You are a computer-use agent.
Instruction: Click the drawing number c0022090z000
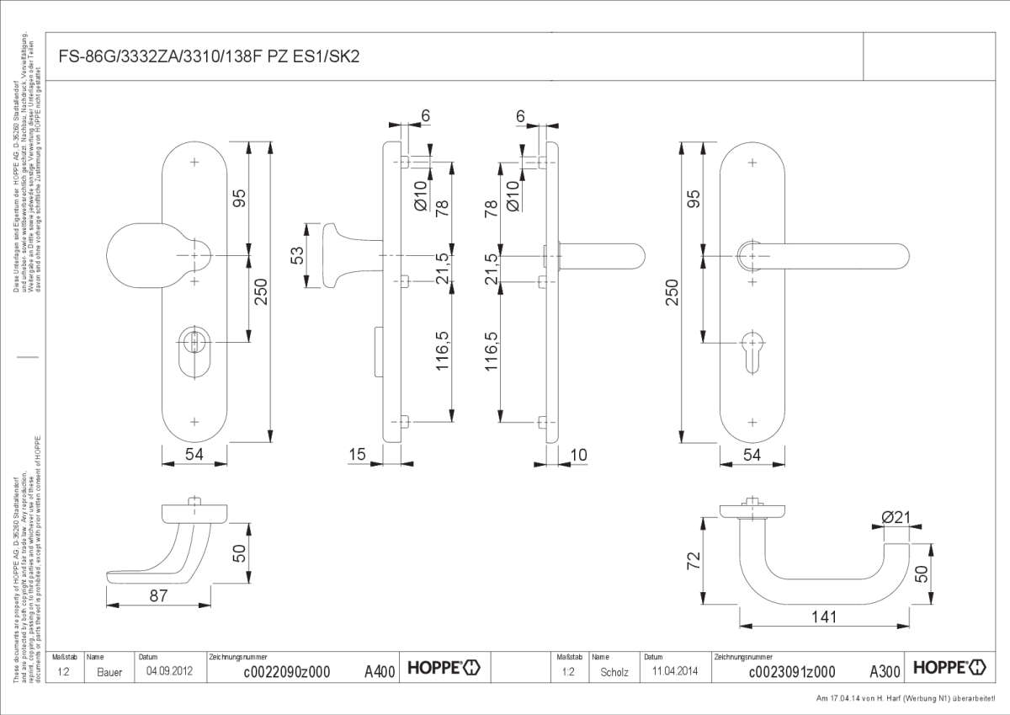[286, 672]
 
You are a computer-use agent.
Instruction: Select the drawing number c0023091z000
[792, 672]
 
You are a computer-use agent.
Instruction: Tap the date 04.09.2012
[164, 672]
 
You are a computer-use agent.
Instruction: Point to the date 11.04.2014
[670, 672]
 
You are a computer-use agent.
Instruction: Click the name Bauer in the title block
[109, 672]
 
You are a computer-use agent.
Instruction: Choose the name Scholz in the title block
[614, 672]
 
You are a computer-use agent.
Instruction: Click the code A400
[380, 672]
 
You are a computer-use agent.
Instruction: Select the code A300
[885, 672]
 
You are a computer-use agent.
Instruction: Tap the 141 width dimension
[825, 617]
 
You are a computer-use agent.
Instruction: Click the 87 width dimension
[158, 595]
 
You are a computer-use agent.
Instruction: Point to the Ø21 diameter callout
[896, 518]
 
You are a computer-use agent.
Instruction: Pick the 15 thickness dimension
[358, 455]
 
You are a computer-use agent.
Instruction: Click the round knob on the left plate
[143, 255]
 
